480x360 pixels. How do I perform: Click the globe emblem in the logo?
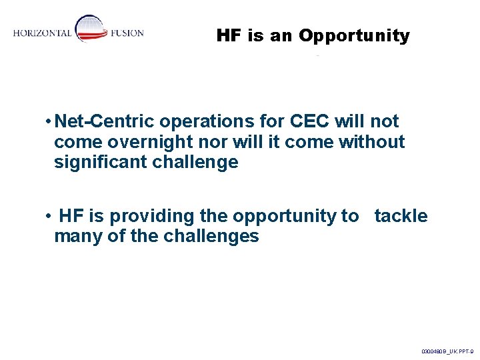(90, 29)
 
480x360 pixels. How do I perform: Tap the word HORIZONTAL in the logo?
(42, 34)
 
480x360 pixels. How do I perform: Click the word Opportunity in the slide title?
(354, 36)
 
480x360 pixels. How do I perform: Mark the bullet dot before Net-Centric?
(49, 122)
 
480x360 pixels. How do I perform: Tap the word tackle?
(401, 216)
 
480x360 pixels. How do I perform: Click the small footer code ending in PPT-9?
(447, 350)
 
